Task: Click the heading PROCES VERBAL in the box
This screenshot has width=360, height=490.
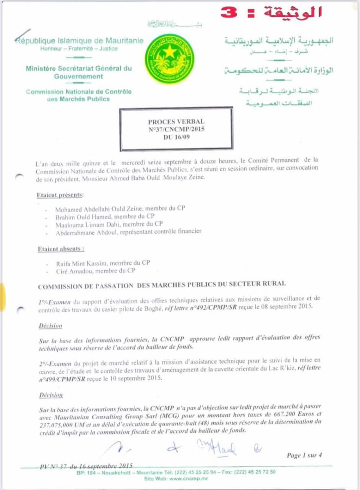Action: (176, 121)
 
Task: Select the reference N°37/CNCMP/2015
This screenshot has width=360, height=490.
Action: (176, 128)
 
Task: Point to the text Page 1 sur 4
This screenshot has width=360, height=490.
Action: (304, 455)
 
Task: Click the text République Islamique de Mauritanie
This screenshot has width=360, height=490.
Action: (80, 40)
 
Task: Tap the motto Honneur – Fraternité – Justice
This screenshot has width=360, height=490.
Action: (79, 49)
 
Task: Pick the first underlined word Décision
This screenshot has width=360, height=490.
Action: (51, 326)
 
